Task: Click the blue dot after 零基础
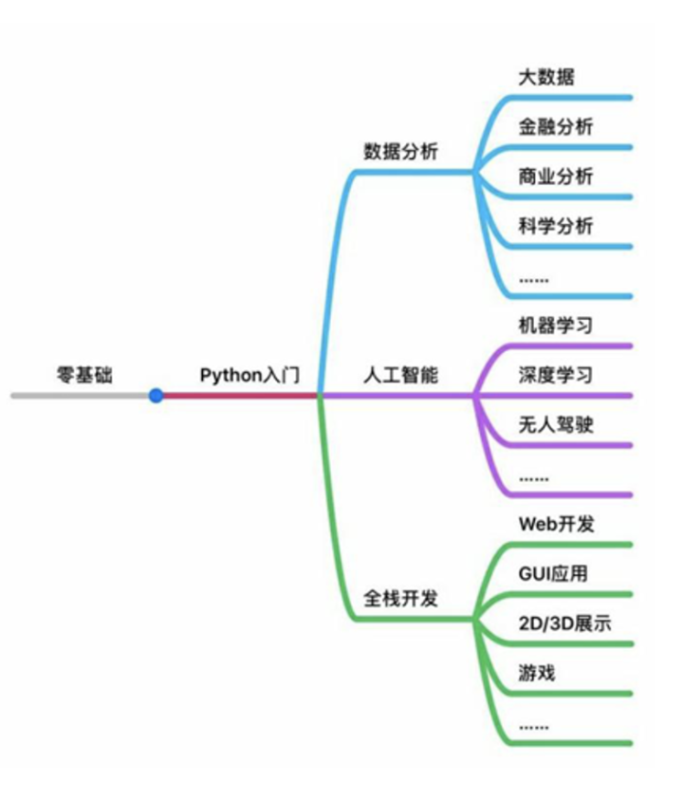[157, 396]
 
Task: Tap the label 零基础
[84, 375]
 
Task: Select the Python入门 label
[249, 375]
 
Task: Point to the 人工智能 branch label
[401, 375]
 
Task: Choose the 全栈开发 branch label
[401, 600]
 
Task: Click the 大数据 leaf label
[545, 77]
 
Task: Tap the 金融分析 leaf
[556, 126]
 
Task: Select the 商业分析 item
[556, 177]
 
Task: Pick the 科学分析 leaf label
[556, 226]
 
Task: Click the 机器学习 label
[556, 326]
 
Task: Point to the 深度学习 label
[556, 375]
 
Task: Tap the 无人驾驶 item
[556, 425]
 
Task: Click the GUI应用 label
[554, 574]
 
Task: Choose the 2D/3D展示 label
[564, 624]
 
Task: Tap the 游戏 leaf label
[537, 674]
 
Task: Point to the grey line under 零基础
[81, 396]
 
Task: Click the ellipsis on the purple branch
[534, 477]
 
